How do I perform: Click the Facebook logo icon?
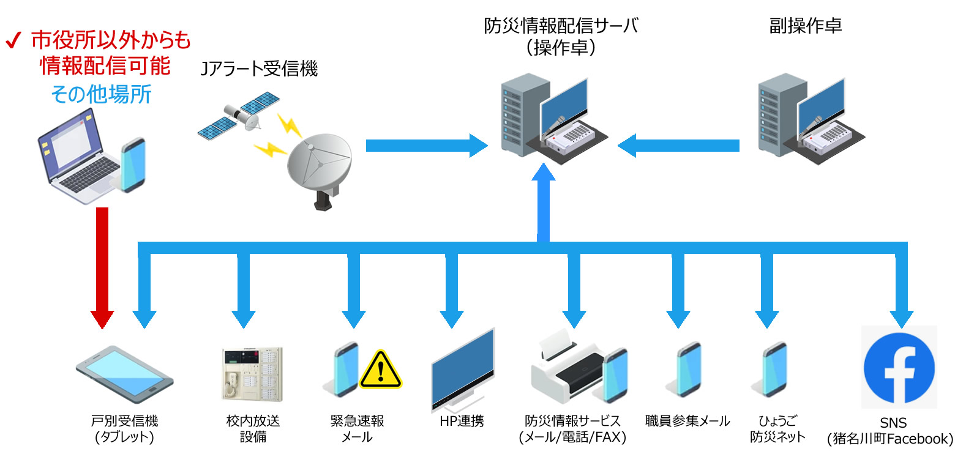(x=899, y=367)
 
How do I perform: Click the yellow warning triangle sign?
(x=380, y=370)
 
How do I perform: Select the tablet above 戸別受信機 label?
(x=124, y=374)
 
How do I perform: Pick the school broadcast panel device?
(x=252, y=373)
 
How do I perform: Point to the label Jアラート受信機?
(x=260, y=69)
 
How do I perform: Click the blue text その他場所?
(x=101, y=95)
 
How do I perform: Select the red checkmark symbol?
(x=13, y=42)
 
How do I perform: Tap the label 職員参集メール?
(x=687, y=421)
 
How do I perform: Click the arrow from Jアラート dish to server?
(x=426, y=146)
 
